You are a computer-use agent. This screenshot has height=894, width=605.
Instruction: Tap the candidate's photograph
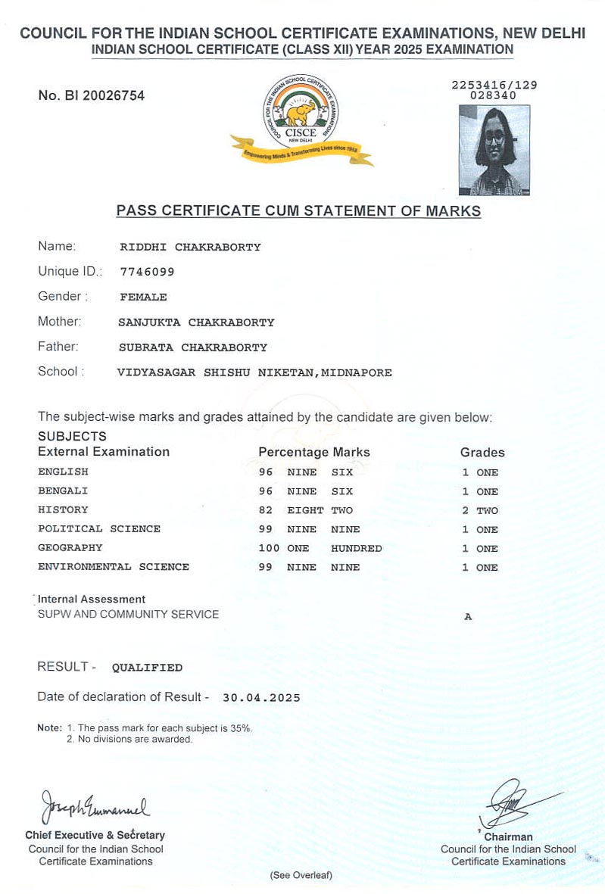pos(494,150)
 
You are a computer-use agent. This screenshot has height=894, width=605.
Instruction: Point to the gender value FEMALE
pos(143,297)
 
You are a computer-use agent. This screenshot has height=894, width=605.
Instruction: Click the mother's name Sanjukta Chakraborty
pos(196,322)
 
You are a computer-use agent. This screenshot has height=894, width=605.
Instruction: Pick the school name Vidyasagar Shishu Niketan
pos(254,372)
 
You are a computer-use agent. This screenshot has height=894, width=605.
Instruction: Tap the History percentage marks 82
pos(265,510)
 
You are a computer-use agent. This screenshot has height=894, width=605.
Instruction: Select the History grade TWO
pos(487,511)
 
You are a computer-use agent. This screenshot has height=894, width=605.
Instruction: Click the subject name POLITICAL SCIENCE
pos(99,529)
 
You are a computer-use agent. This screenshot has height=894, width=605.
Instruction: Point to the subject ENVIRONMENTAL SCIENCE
pos(114,567)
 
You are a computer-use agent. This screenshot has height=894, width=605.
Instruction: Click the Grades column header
pos(482,453)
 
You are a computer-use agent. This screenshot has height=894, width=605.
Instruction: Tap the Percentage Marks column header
pos(314,452)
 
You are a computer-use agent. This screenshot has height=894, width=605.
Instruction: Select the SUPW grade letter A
pos(468,617)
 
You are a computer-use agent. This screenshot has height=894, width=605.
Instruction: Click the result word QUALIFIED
pos(147,668)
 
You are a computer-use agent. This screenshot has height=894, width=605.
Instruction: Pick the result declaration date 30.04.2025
pos(261,698)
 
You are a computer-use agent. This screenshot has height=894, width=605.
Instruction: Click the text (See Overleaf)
pos(301,876)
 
